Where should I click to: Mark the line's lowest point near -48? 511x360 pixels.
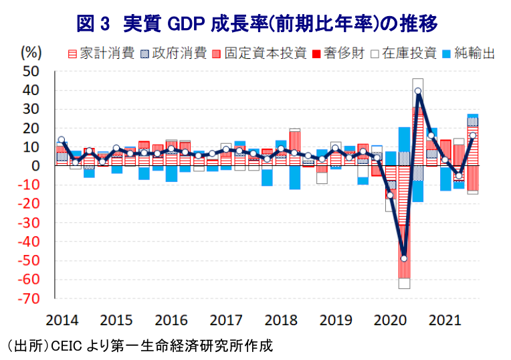[x=404, y=258]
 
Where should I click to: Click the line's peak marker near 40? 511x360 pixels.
[x=417, y=91]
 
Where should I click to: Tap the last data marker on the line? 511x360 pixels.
[x=472, y=135]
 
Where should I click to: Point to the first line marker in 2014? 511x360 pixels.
[x=62, y=140]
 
